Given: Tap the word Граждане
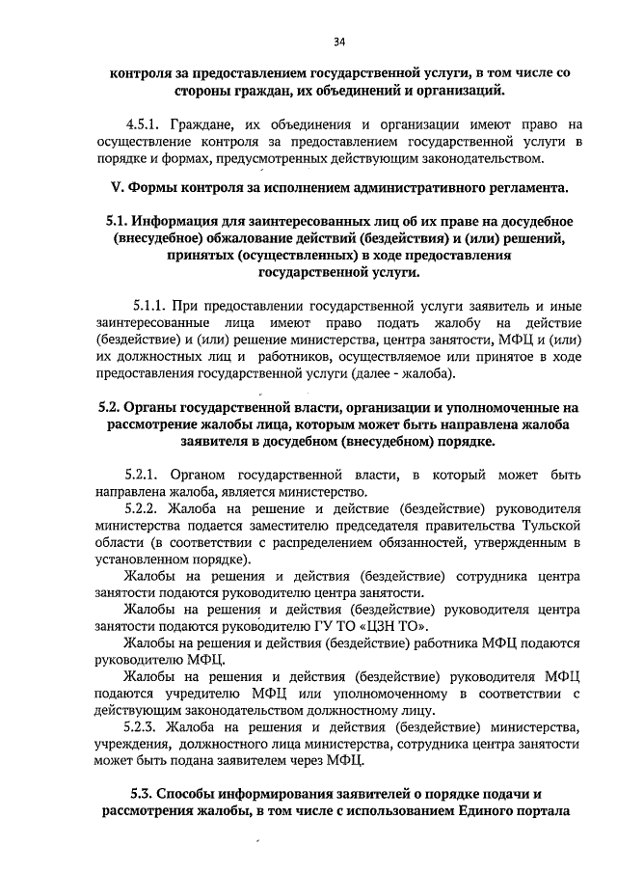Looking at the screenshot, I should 203,124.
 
